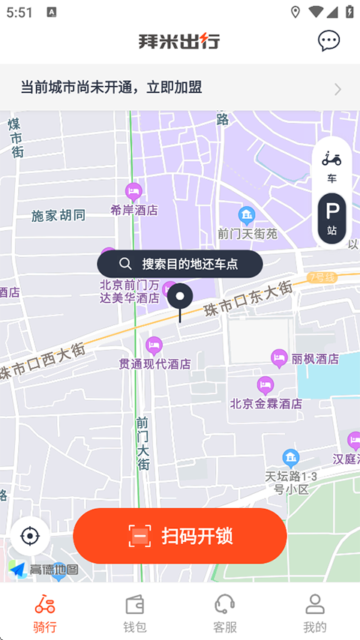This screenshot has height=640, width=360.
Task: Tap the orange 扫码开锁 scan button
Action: (180, 536)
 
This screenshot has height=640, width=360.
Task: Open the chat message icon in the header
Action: (328, 40)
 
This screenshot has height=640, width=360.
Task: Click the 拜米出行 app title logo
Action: (179, 41)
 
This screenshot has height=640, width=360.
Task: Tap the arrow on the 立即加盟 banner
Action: (337, 89)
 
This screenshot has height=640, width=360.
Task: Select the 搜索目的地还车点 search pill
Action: (180, 264)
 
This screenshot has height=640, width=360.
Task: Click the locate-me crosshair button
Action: (30, 537)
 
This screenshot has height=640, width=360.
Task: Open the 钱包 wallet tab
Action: (135, 614)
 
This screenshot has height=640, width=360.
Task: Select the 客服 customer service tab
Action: (225, 614)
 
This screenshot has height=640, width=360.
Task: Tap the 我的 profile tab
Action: (315, 614)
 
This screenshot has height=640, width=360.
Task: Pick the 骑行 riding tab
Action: (45, 614)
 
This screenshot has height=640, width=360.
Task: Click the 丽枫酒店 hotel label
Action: (315, 359)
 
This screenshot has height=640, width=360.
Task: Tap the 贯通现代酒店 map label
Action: (154, 363)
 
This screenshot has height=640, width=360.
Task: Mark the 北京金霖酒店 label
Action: (266, 403)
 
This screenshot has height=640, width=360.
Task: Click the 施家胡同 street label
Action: (58, 216)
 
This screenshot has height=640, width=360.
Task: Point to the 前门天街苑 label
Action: (247, 233)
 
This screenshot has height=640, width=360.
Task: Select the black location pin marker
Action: (180, 298)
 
